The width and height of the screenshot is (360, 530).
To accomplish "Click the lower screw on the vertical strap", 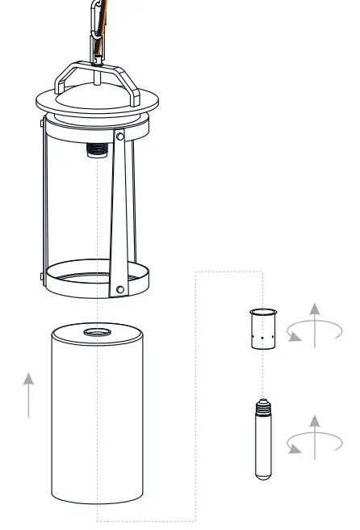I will [120, 288].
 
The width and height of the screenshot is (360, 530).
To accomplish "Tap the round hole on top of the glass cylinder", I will [98, 332].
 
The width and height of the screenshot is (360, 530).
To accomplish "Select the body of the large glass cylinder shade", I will [97, 420].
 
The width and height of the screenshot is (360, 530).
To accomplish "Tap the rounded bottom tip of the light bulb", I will [263, 477].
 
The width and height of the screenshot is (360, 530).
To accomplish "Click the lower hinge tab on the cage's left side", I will [41, 277].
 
